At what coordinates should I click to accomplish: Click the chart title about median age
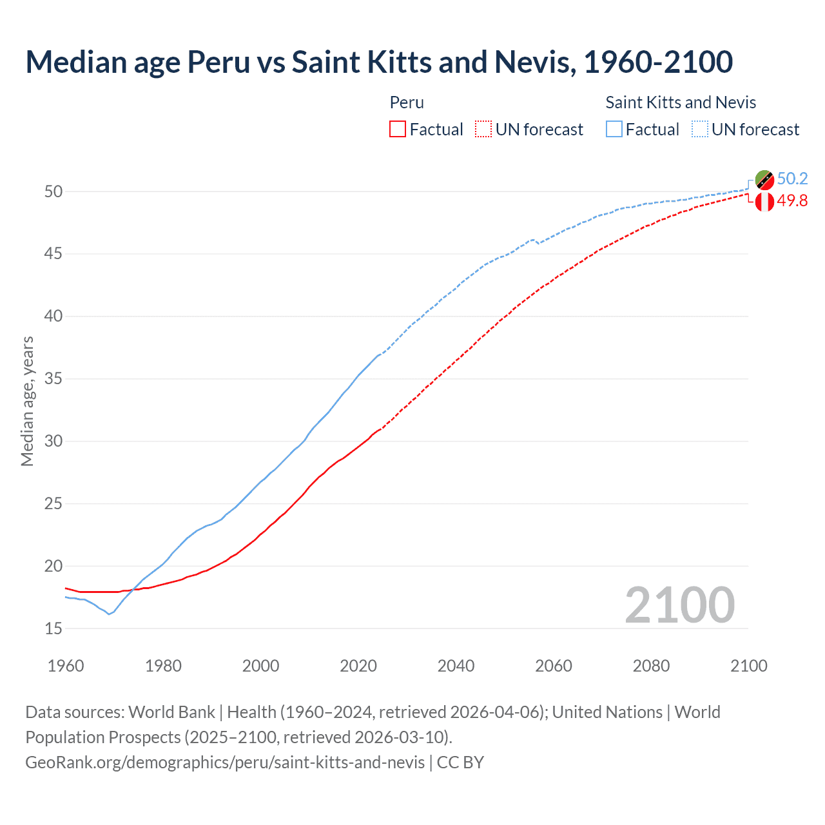pos(379,62)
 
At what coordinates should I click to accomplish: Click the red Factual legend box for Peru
pos(398,130)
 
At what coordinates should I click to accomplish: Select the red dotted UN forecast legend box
pos(483,130)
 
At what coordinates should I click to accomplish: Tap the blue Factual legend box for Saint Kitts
pos(614,130)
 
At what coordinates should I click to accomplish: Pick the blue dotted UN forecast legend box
pos(700,130)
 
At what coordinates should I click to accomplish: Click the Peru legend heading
pos(407,102)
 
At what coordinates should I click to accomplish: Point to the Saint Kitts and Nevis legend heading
pos(681,102)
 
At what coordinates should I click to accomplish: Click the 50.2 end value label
pos(792,179)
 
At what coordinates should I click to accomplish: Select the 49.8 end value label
pos(792,201)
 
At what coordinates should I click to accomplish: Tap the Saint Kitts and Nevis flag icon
pos(764,180)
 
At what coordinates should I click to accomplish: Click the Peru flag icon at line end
pos(764,202)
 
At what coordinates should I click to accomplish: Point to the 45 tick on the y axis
pos(53,254)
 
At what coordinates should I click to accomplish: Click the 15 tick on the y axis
pos(53,628)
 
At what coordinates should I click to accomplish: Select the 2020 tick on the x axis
pos(358,666)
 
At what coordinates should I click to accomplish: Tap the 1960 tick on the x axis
pos(66,666)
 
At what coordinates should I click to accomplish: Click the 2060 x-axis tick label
pos(554,666)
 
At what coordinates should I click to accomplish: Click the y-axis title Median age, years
pos(27,401)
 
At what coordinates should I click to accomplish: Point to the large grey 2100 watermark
pos(680,605)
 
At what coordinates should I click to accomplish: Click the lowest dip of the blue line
pos(109,614)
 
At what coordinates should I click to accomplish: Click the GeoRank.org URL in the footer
pos(225,762)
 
